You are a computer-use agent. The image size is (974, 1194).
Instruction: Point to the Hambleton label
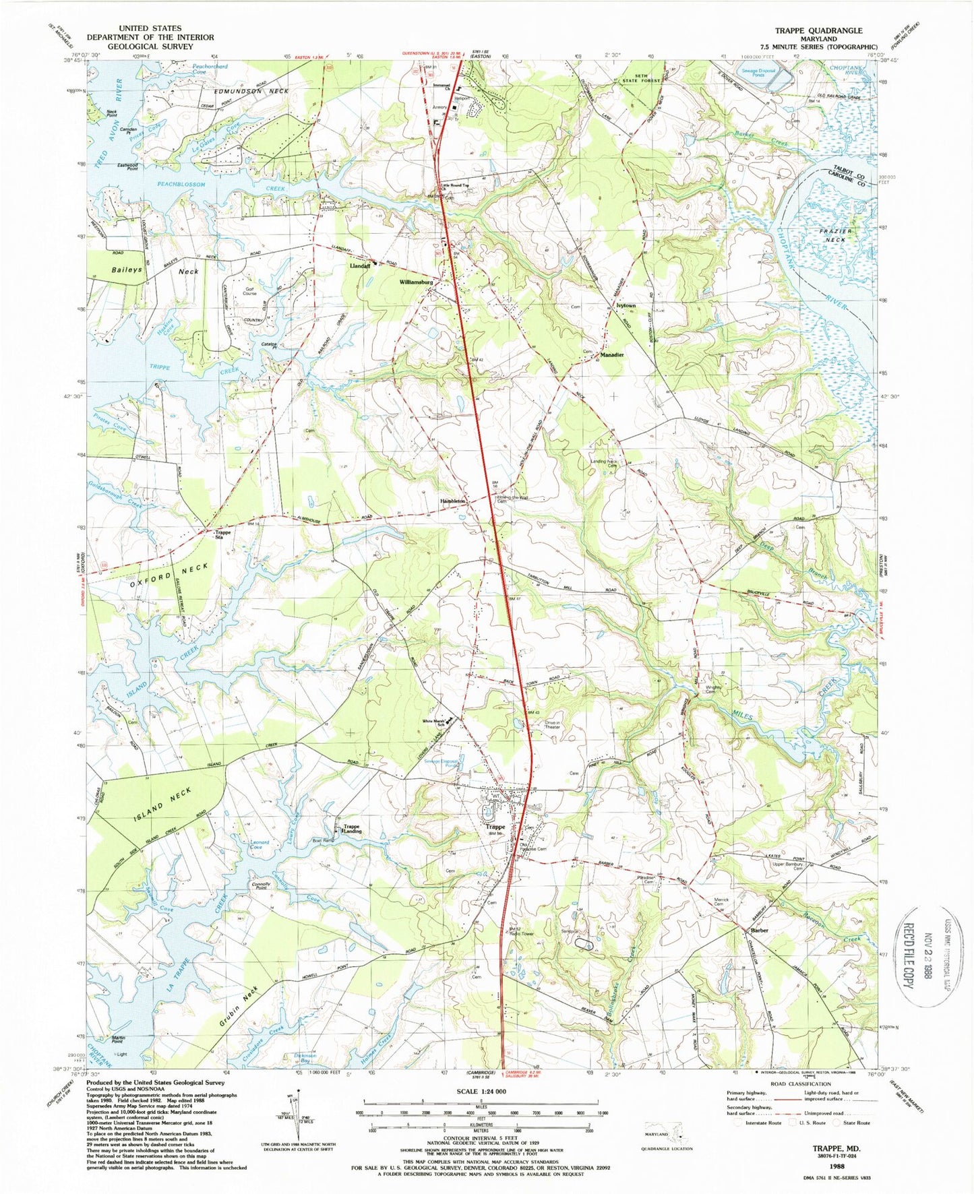tap(453, 501)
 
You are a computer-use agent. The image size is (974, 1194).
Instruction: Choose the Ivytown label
tap(626, 305)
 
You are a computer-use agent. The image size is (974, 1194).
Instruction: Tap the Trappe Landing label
tap(353, 829)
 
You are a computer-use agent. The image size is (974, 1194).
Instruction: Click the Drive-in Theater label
tap(552, 725)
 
